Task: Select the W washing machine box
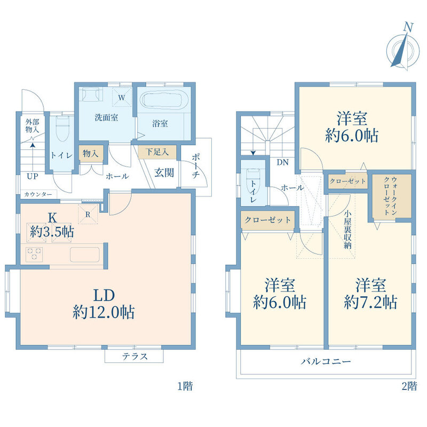click(x=122, y=97)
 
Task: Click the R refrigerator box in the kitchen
click(x=88, y=214)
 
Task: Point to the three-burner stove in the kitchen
click(x=34, y=254)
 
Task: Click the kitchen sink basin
click(x=85, y=255)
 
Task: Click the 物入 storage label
click(x=90, y=153)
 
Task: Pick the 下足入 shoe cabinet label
click(x=157, y=152)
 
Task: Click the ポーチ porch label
click(x=196, y=166)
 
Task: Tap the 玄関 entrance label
click(x=164, y=172)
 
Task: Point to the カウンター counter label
click(x=38, y=194)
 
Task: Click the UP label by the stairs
click(x=33, y=177)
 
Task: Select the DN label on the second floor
click(x=282, y=162)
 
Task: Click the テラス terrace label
click(x=135, y=357)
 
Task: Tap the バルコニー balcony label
click(x=326, y=362)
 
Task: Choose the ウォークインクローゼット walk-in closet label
click(x=390, y=195)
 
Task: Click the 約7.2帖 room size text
click(x=370, y=302)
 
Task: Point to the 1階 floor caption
click(x=185, y=386)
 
